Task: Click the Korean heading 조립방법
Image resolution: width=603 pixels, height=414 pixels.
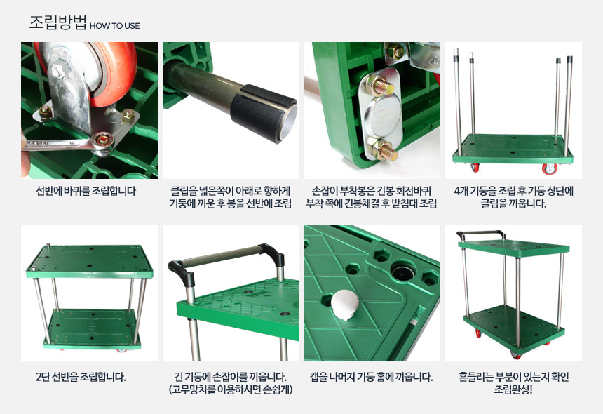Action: pos(58,22)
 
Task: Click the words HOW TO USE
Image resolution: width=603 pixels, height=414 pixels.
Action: pos(114,26)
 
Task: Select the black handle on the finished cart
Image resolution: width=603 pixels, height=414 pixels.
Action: pos(481,233)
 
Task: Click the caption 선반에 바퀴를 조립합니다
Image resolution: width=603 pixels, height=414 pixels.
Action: pos(86,191)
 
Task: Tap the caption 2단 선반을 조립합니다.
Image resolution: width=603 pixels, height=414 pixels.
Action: pos(81,377)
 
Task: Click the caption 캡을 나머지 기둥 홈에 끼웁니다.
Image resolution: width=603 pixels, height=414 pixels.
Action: pos(372,377)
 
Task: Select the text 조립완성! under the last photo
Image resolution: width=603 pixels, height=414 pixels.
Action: pos(513,389)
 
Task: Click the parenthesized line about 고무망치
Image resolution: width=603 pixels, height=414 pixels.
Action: pos(231,389)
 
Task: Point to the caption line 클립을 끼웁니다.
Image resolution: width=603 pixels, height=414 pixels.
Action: pos(513,203)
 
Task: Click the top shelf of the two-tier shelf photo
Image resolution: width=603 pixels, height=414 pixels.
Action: pos(90,262)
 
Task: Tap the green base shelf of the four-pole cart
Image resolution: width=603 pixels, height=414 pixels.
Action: pos(513,149)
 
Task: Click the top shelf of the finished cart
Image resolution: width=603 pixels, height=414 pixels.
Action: pos(513,247)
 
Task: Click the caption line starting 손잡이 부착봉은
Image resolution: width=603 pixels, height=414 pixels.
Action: pos(372,191)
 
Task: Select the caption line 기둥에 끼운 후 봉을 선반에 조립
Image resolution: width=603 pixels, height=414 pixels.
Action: pos(231,203)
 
